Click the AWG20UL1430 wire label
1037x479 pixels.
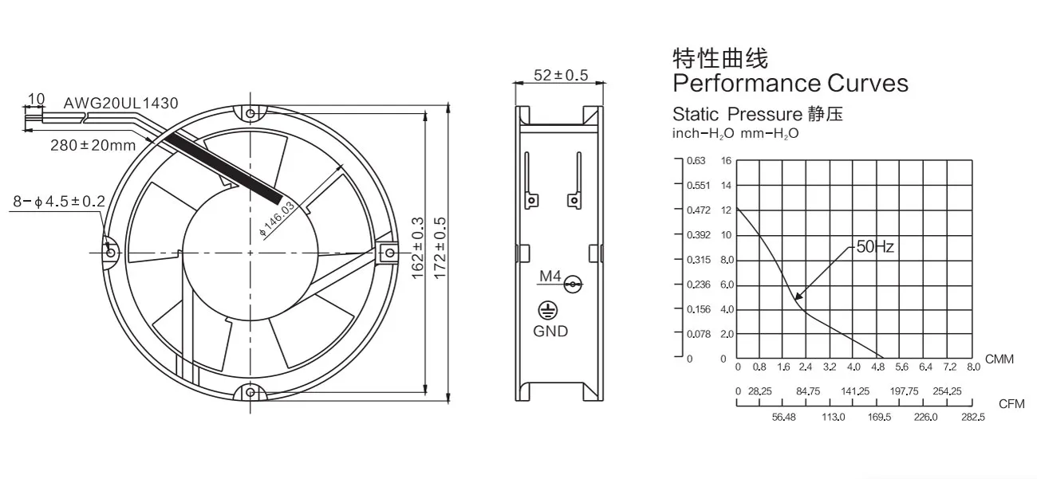pyautogui.click(x=121, y=103)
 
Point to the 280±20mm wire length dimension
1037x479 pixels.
pyautogui.click(x=93, y=145)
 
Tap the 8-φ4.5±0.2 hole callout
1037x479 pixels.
pyautogui.click(x=58, y=202)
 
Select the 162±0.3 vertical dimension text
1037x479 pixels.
pyautogui.click(x=417, y=248)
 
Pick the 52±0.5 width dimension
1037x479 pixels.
pyautogui.click(x=560, y=75)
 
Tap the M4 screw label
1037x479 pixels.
pyautogui.click(x=551, y=277)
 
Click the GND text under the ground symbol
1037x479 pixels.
pyautogui.click(x=550, y=331)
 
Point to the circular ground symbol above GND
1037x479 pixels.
pyautogui.click(x=550, y=311)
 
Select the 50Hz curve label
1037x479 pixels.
pyautogui.click(x=875, y=247)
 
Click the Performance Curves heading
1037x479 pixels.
pyautogui.click(x=790, y=83)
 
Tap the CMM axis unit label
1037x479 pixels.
pyautogui.click(x=1000, y=359)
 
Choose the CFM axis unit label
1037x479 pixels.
pyautogui.click(x=1011, y=404)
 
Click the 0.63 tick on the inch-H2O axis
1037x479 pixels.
pyautogui.click(x=696, y=161)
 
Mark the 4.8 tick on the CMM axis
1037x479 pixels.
pyautogui.click(x=878, y=367)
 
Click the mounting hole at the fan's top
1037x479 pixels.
pyautogui.click(x=250, y=113)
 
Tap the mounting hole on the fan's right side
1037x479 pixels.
pyautogui.click(x=389, y=253)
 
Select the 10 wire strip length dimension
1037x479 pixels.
pyautogui.click(x=36, y=100)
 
